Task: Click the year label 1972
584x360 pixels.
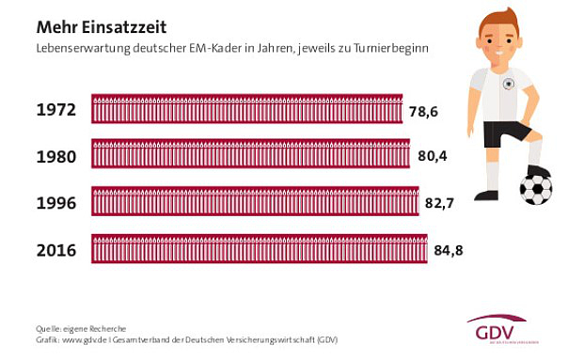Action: pos(55,109)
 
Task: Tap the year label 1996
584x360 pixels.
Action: pos(55,202)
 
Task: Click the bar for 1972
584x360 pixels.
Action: pos(248,109)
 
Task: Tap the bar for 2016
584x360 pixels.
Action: pos(260,249)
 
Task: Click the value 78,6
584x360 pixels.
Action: pos(425,113)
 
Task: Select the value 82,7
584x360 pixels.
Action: pos(440,203)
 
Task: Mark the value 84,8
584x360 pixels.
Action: pos(447,250)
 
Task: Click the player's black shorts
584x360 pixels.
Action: pos(508,133)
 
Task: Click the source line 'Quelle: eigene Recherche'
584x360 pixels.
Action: pos(81,328)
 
